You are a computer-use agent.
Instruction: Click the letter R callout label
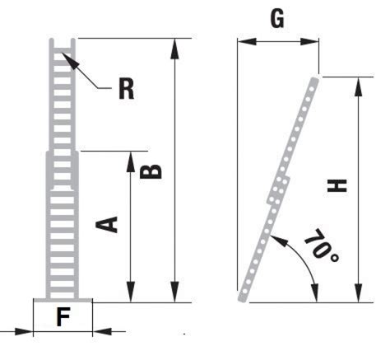pos(127,88)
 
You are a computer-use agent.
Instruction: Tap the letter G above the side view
pos(277,19)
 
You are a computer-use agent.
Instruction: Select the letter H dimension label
pos(337,185)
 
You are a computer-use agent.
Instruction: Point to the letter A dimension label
pos(107,224)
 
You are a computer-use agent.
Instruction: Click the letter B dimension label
pos(150,171)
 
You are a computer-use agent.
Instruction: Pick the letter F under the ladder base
pos(63,316)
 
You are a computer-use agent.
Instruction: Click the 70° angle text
pos(322,245)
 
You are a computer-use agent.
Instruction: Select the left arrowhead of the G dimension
pos(247,42)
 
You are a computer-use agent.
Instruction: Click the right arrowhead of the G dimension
pos(309,42)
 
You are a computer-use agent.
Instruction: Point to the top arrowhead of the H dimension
pos(358,86)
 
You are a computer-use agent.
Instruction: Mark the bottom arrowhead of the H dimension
pos(358,293)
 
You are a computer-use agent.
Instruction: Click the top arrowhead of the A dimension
pos(131,161)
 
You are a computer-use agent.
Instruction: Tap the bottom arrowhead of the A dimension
pos(131,292)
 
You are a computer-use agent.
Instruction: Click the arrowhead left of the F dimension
pos(24,331)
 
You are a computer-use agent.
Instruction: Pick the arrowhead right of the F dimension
pos(102,331)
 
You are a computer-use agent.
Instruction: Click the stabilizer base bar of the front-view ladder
pos(63,301)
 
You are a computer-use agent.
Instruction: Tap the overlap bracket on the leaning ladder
pos(278,191)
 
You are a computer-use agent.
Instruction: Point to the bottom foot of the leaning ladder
pos(244,297)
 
